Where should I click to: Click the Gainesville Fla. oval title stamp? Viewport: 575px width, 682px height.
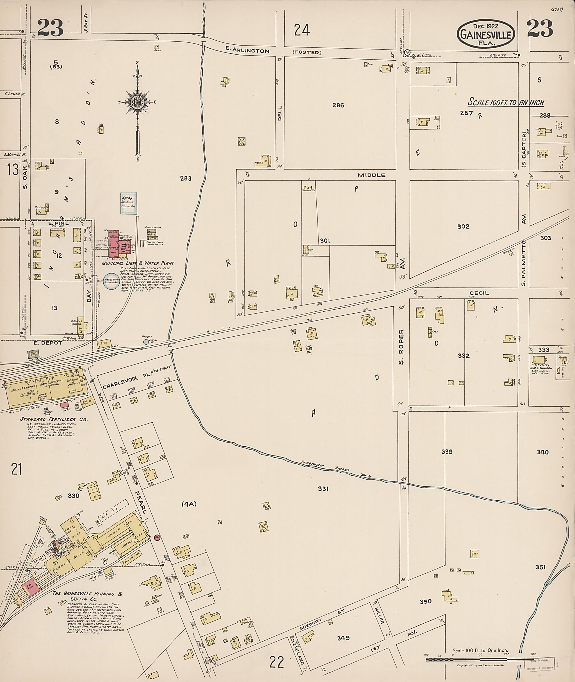pos(486,35)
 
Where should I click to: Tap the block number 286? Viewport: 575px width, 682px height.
pos(338,105)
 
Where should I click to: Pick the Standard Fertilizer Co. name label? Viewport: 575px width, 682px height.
pos(54,419)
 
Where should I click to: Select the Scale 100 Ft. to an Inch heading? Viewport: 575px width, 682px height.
pos(506,102)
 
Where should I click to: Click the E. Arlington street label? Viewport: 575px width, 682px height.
pos(248,51)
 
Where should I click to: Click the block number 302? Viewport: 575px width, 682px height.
pos(463,227)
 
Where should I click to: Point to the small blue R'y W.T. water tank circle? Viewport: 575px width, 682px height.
pos(146,342)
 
